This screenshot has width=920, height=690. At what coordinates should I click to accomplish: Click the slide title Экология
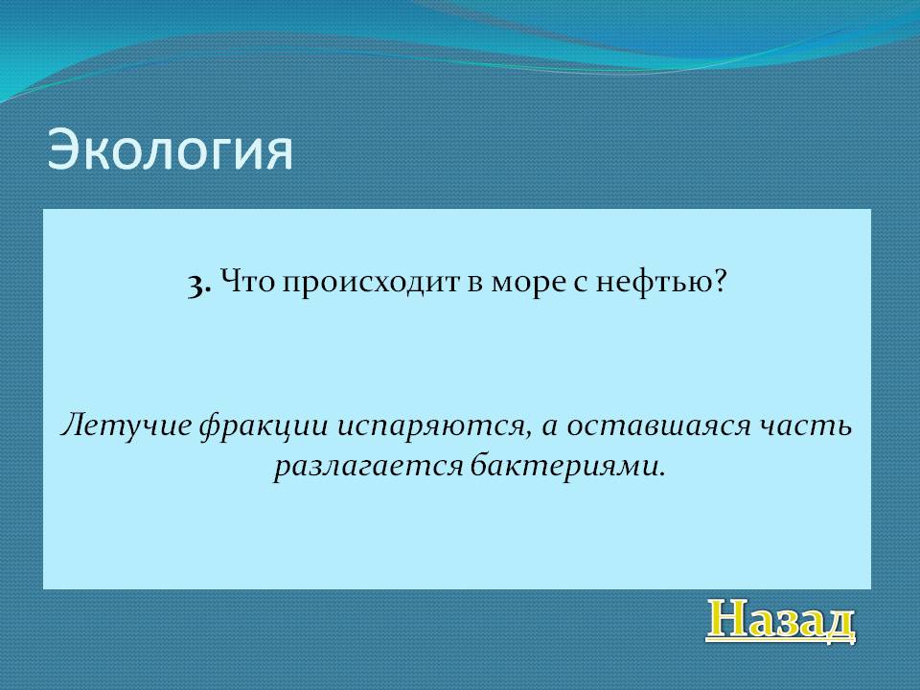point(170,150)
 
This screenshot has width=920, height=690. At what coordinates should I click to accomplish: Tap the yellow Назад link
point(780,620)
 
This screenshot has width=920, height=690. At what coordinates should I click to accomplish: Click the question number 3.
point(199,285)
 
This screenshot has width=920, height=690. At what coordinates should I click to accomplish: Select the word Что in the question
point(248,283)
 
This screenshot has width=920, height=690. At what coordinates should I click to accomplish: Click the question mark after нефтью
point(721,282)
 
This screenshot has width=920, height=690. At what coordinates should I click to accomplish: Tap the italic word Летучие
point(126,425)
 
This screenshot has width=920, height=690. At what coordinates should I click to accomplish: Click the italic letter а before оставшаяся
point(550,429)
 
